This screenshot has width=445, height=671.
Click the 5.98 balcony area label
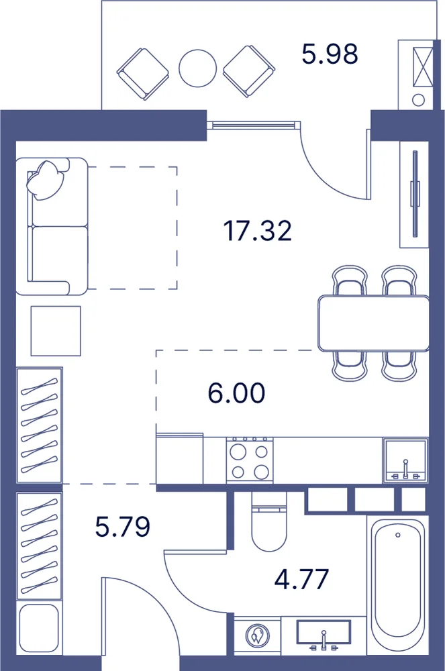click(330, 54)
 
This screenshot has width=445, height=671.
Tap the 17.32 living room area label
click(258, 231)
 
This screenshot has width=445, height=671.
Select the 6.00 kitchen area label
click(236, 393)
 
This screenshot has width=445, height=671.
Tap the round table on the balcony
click(197, 68)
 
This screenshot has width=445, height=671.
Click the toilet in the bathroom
click(268, 522)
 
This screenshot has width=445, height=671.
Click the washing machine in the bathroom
click(257, 636)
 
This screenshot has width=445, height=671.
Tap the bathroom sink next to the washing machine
click(324, 636)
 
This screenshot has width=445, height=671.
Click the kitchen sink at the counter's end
click(405, 460)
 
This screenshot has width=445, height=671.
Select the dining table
click(374, 323)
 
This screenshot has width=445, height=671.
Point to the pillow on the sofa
click(45, 180)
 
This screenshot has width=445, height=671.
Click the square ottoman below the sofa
click(56, 331)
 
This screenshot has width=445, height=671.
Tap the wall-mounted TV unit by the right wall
click(414, 194)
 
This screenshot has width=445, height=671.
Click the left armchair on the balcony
click(142, 74)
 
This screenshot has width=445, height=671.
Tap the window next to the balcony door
click(253, 125)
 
